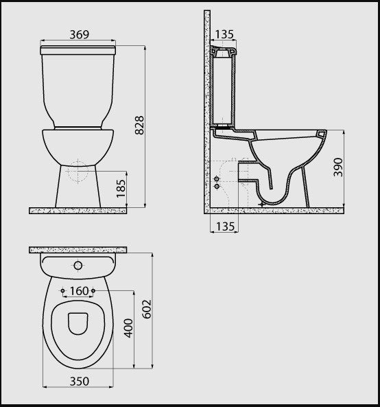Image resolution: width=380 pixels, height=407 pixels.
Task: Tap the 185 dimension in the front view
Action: (121, 186)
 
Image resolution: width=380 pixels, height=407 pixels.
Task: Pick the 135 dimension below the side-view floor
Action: (224, 226)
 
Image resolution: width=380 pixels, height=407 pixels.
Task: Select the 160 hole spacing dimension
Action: (79, 291)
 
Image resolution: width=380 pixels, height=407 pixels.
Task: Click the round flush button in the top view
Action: (78, 265)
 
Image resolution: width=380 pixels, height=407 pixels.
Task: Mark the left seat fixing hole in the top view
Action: (63, 291)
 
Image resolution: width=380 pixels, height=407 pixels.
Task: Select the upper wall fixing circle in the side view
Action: (217, 178)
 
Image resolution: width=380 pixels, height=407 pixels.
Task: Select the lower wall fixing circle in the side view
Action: (217, 186)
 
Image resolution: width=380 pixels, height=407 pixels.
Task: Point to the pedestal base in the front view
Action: (80, 189)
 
